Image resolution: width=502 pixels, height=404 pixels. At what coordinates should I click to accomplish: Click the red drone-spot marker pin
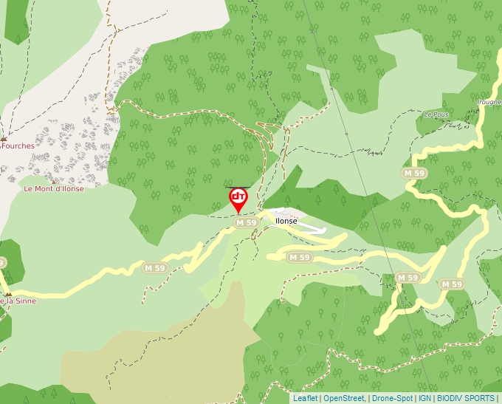238,198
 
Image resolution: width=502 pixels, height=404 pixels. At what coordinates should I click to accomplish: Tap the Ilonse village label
286,221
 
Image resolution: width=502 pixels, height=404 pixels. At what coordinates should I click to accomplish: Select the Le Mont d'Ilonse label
54,189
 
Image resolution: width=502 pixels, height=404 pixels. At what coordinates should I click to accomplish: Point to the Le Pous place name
436,115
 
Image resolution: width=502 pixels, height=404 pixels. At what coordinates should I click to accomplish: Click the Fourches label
18,146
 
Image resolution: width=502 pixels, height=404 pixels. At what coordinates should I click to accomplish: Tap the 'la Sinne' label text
19,301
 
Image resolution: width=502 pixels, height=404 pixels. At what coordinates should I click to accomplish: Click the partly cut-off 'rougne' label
489,103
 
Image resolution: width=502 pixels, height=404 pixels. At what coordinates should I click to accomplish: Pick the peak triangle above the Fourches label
4,137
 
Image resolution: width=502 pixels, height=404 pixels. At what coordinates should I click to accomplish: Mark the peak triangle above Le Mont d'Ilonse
54,180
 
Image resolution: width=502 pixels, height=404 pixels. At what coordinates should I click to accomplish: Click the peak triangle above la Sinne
8,293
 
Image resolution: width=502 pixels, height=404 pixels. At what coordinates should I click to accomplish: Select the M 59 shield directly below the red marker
246,222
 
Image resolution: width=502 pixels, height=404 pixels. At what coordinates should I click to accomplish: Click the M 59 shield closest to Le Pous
415,172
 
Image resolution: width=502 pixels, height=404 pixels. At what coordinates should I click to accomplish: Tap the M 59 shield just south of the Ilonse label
299,258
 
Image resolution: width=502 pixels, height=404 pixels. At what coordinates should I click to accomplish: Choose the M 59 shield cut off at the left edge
2,262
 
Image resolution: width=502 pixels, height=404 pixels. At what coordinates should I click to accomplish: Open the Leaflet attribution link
305,398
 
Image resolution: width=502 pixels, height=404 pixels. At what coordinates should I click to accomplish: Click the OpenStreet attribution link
343,398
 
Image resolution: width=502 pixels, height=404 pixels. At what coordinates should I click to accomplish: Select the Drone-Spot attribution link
393,398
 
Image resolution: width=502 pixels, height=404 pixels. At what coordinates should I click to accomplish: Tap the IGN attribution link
425,398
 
